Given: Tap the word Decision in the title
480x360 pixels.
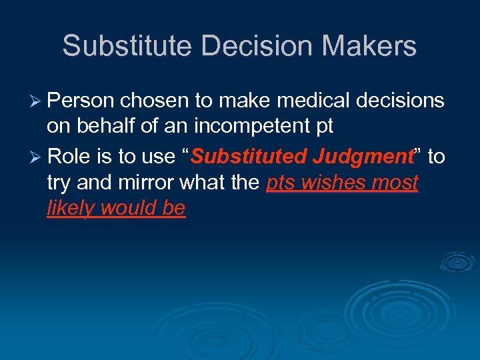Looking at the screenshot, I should (232, 46).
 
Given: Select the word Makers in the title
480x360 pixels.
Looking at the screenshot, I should (357, 46).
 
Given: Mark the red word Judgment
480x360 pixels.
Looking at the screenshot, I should (365, 157).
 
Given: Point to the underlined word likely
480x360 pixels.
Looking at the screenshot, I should (70, 209).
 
